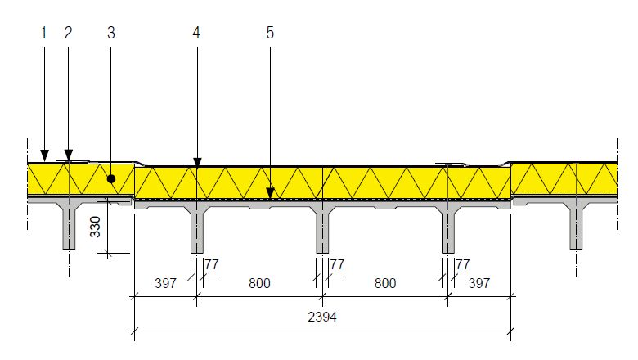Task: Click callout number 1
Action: click(x=43, y=33)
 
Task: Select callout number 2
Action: click(x=68, y=33)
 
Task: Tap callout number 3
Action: click(x=111, y=33)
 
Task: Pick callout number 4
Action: click(x=196, y=33)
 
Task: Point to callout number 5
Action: click(x=270, y=33)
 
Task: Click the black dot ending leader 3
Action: click(x=111, y=178)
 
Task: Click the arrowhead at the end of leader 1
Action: click(x=45, y=155)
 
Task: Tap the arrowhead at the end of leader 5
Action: click(x=270, y=193)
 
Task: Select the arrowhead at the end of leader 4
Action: click(x=197, y=163)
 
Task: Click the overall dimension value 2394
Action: click(x=322, y=317)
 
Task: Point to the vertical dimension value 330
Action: click(x=95, y=227)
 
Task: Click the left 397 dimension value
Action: click(x=165, y=283)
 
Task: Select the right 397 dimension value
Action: click(x=478, y=283)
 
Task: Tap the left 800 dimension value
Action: click(x=259, y=283)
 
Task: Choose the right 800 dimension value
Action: click(x=385, y=283)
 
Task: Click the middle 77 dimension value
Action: click(x=337, y=264)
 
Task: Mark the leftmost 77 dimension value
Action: click(x=212, y=264)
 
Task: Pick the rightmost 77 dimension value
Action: click(x=463, y=264)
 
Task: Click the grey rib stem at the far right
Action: click(x=576, y=227)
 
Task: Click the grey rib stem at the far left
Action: click(x=70, y=227)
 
